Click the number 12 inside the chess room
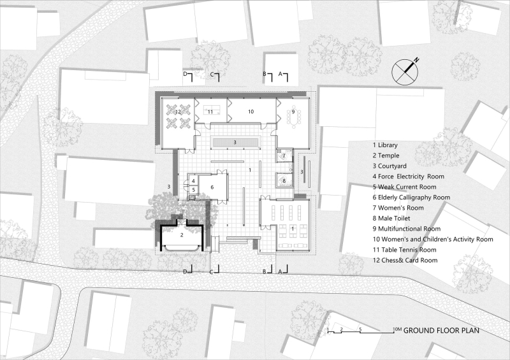click(178, 112)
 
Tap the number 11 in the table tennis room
click(210, 112)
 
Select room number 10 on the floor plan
click(251, 112)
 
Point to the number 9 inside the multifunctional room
click(293, 112)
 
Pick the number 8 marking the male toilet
click(284, 181)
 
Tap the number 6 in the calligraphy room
click(212, 187)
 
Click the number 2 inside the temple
click(182, 235)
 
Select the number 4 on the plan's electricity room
click(193, 181)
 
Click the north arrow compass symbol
click(404, 71)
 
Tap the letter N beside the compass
click(416, 60)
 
